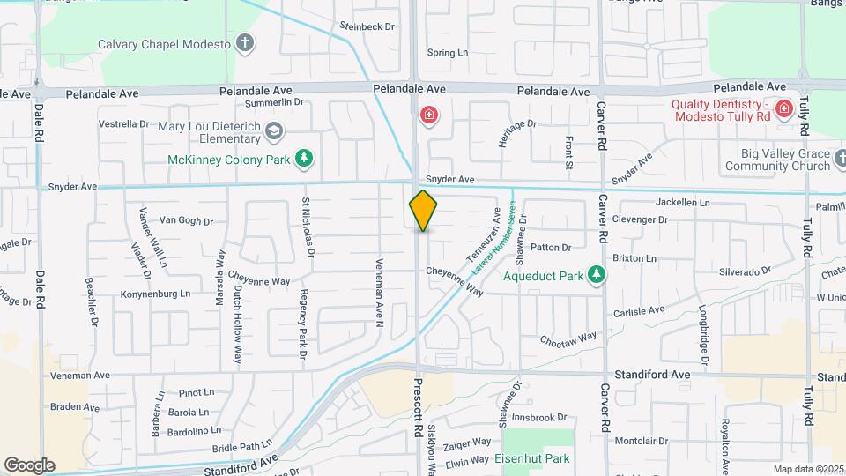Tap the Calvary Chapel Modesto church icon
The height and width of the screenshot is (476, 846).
point(245,43)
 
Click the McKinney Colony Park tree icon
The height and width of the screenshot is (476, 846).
point(304,159)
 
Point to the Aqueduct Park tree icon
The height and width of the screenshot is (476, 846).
point(597,275)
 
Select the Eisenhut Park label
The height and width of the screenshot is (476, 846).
point(531,458)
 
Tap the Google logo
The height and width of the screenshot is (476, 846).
point(29,465)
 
